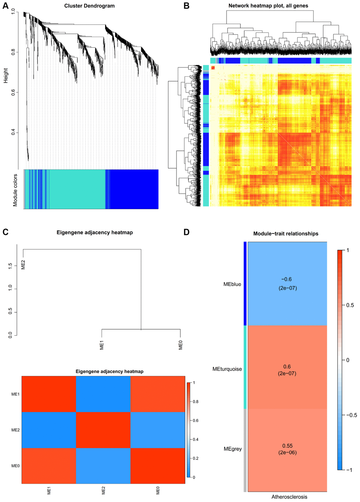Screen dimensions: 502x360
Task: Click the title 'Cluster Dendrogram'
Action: [x=89, y=6]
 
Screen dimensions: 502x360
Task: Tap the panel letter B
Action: [x=187, y=6]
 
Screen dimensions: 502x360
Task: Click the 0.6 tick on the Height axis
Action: [x=13, y=92]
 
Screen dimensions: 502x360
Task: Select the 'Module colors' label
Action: [x=15, y=190]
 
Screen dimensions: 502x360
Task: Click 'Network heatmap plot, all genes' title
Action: [x=268, y=6]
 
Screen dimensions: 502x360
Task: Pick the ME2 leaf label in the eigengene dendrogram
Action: [x=23, y=265]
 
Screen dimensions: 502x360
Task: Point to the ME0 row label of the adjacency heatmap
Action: [x=15, y=466]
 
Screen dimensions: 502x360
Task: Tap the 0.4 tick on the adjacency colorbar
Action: [x=195, y=439]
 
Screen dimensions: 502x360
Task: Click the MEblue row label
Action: [x=232, y=284]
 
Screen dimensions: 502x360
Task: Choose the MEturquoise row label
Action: [x=227, y=369]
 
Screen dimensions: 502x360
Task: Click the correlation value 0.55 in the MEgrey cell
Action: [x=287, y=446]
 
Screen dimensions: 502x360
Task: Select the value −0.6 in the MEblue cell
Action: [x=287, y=279]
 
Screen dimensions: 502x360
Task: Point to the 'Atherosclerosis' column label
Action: [x=289, y=497]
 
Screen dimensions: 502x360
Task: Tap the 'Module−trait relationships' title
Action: [x=286, y=234]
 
